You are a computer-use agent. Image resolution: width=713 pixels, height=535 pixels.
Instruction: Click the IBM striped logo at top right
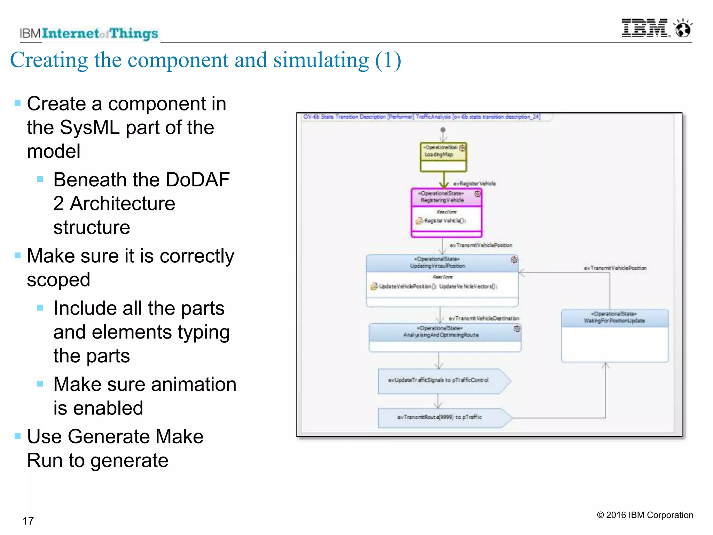645,29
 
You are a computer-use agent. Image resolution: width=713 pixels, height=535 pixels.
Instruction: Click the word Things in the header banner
134,34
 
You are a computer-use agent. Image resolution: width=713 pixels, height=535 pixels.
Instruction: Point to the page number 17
28,521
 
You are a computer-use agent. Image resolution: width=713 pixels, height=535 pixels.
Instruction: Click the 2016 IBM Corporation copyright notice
645,515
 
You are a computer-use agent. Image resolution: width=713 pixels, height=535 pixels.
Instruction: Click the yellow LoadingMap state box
443,157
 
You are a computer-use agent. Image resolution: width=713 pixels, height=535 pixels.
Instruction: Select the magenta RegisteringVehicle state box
446,213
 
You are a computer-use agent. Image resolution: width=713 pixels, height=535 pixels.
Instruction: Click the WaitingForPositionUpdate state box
614,336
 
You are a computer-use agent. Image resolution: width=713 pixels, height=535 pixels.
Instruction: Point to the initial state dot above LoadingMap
442,130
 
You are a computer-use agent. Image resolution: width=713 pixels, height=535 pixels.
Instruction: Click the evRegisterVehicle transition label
474,184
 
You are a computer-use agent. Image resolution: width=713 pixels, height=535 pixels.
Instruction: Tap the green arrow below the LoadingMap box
444,180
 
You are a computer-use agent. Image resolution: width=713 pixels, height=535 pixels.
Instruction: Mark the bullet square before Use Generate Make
18,436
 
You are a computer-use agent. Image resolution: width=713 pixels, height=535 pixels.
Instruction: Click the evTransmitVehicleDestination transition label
484,318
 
